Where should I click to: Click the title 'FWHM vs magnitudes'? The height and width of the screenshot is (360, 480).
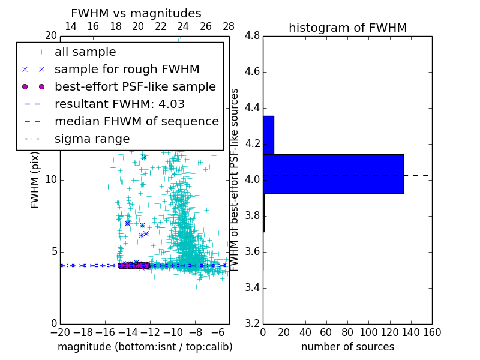point(136,13)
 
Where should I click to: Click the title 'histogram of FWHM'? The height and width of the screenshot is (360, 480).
point(347,28)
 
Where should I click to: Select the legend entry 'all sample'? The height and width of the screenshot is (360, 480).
point(85,52)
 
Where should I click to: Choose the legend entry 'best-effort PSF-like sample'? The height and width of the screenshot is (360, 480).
point(135,87)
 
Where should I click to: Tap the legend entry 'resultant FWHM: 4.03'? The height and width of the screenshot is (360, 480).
point(119,104)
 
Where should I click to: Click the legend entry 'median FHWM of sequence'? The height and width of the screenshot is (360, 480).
point(136,122)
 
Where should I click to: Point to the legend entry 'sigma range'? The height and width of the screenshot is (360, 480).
point(92,139)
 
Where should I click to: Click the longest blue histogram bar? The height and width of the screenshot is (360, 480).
point(333,174)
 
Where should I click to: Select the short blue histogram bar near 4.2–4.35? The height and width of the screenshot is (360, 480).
point(268,135)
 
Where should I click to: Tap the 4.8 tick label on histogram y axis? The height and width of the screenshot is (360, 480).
point(253,36)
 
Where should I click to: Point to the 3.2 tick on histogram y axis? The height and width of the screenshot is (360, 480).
point(253,323)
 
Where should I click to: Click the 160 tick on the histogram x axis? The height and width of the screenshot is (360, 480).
point(432,332)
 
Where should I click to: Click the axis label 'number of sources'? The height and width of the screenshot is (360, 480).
point(347,347)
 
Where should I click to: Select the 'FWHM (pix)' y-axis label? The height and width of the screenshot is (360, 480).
point(35,179)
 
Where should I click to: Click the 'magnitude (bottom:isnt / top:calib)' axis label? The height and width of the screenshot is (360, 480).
point(145,347)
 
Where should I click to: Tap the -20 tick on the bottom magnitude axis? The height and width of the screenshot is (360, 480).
point(60,332)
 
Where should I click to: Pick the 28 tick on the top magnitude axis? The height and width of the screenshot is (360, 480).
point(229,26)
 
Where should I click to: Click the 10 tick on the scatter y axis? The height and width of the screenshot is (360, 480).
point(51,180)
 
